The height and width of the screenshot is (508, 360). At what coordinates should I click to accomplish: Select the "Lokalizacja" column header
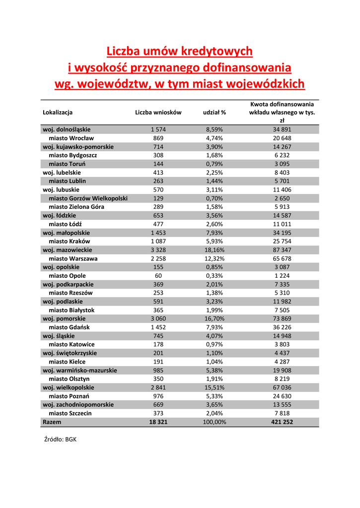coord(58,113)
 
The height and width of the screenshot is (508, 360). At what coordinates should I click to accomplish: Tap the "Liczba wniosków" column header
coord(158,113)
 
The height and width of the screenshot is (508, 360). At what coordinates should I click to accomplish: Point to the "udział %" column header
coord(215,113)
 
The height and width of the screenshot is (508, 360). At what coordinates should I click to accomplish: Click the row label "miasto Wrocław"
coord(71,138)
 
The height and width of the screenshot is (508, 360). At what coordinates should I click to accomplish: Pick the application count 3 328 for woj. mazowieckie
coord(158,250)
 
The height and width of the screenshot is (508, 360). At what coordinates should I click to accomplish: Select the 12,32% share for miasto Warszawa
coord(215,258)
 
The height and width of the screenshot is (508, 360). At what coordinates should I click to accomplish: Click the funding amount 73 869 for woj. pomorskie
coord(282,318)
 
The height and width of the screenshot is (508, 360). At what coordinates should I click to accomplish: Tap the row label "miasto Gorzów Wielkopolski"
coord(88,198)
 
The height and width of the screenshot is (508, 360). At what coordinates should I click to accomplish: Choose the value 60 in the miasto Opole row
coord(158,276)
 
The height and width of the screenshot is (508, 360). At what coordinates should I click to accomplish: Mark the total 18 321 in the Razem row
coord(158,422)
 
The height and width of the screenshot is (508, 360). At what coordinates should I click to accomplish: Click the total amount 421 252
coord(282,422)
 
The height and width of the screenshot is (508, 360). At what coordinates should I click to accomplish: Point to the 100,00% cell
coord(215,422)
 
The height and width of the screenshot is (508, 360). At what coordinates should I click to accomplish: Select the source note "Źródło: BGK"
coord(61,439)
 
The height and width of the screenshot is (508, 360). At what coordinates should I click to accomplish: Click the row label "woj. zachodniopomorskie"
coord(78,405)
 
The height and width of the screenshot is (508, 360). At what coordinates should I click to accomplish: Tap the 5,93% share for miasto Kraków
coord(215,242)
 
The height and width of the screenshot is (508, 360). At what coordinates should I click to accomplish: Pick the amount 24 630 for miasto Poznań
coord(282,396)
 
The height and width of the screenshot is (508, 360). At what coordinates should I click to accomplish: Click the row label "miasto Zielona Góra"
coord(76,207)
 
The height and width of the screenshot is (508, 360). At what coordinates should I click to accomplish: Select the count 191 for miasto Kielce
coord(158,362)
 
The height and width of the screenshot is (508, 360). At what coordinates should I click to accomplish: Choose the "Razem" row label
coord(52,422)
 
